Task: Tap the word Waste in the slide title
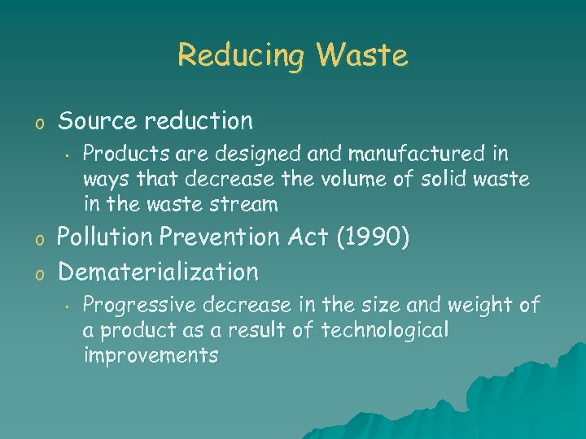(x=362, y=55)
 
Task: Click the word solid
(x=445, y=178)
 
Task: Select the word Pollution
(x=106, y=237)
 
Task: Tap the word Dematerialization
(x=158, y=271)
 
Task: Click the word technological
(x=385, y=330)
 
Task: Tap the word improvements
(x=151, y=355)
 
